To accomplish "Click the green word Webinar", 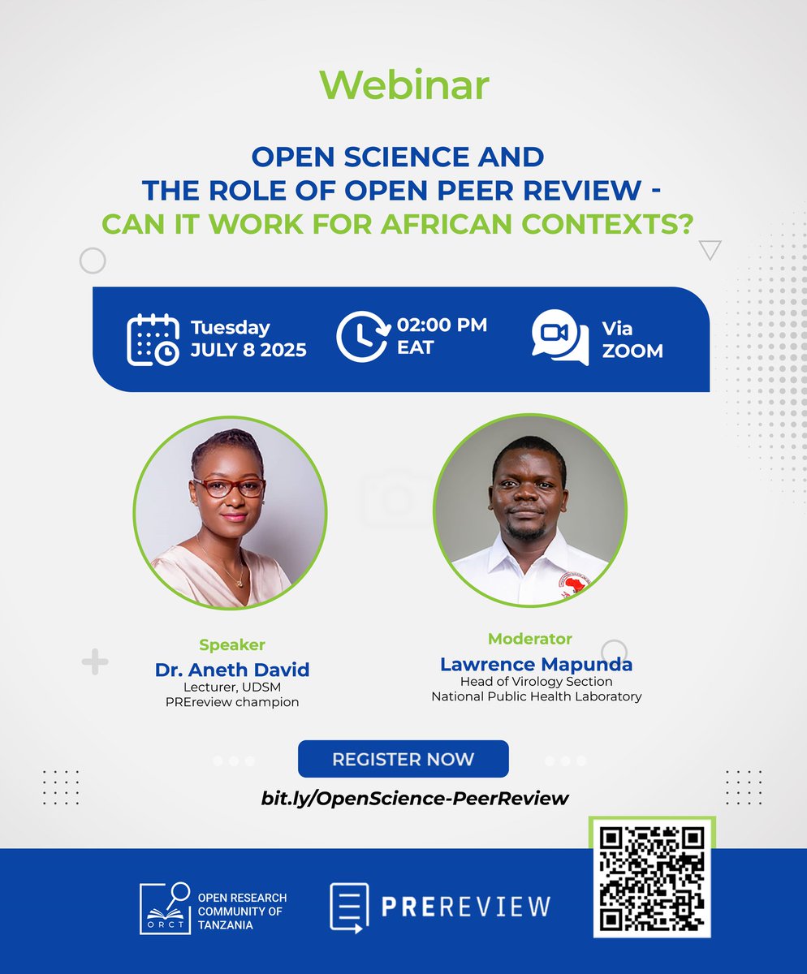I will coord(403,85).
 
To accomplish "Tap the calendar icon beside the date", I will coord(153,339).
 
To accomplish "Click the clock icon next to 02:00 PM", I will coord(362,336).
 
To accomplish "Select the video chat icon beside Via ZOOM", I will coord(560,337).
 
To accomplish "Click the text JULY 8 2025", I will coord(248,351).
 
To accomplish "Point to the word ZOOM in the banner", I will coord(632,351).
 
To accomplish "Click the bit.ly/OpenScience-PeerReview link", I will coord(415,798).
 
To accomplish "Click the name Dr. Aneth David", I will coord(232,670).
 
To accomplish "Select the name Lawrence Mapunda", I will coord(536,664).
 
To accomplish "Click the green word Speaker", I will coord(232,645).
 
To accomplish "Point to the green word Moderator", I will coord(529,639).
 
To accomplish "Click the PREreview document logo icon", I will coord(349,907).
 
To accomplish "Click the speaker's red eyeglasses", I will coord(227,487).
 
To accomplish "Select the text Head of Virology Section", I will coord(536,681).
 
